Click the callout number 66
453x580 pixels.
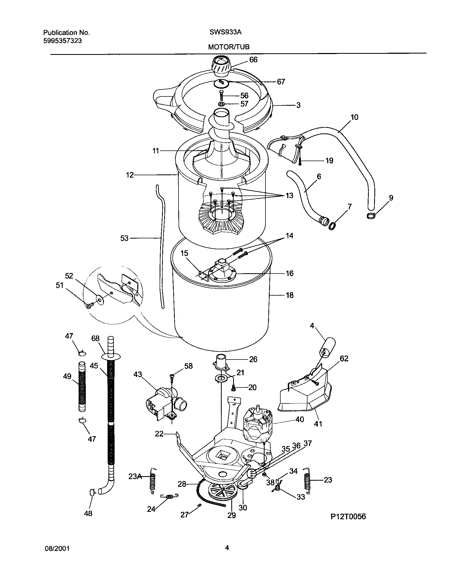(x=253, y=60)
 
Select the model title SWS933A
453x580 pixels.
(x=225, y=32)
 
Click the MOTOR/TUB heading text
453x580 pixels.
(x=229, y=47)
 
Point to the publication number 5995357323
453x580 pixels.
(x=62, y=41)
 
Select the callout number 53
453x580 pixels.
(x=124, y=238)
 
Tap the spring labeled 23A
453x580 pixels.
(x=152, y=481)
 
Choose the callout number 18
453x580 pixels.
(x=289, y=295)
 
